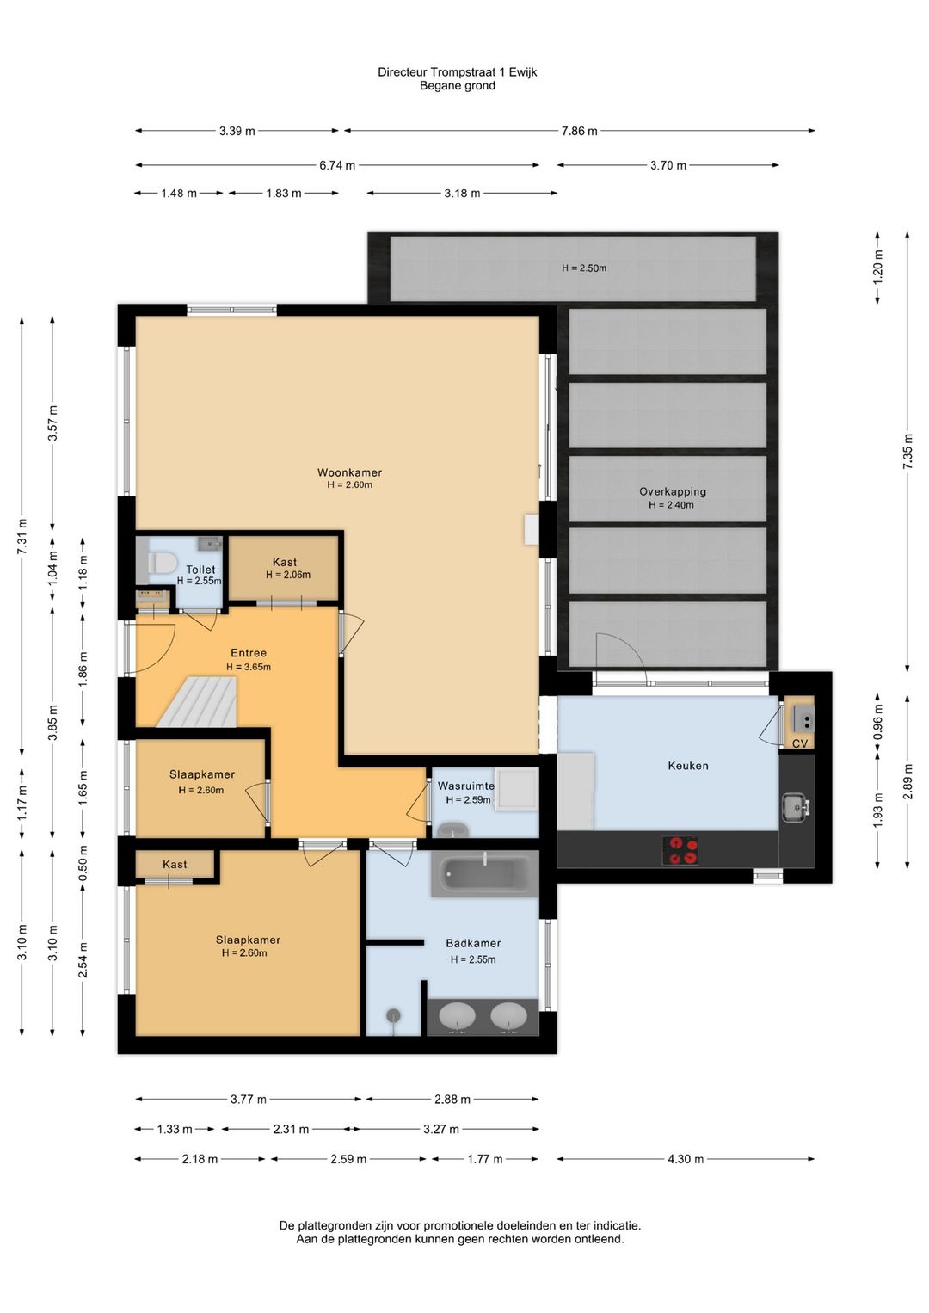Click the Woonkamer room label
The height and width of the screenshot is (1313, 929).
[349, 472]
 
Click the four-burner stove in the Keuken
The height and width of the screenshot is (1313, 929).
[680, 850]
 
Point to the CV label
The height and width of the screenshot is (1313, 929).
[799, 744]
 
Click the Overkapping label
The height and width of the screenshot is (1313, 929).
[673, 492]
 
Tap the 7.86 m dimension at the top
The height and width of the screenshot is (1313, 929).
[579, 131]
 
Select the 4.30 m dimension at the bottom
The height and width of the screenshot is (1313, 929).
[686, 1159]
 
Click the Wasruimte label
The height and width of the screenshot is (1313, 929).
[466, 786]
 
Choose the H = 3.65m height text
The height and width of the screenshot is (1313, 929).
[249, 667]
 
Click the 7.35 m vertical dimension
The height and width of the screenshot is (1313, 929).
[907, 450]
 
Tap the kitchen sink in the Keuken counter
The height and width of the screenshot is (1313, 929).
[795, 808]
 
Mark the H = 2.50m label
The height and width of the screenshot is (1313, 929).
[584, 268]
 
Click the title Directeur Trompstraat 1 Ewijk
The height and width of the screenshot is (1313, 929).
[457, 72]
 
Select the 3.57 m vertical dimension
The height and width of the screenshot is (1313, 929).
[52, 422]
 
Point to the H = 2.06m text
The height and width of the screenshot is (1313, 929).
[288, 575]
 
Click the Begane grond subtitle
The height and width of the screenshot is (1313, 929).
[457, 85]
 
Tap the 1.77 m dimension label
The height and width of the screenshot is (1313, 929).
[485, 1159]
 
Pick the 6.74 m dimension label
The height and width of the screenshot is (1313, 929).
[337, 165]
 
